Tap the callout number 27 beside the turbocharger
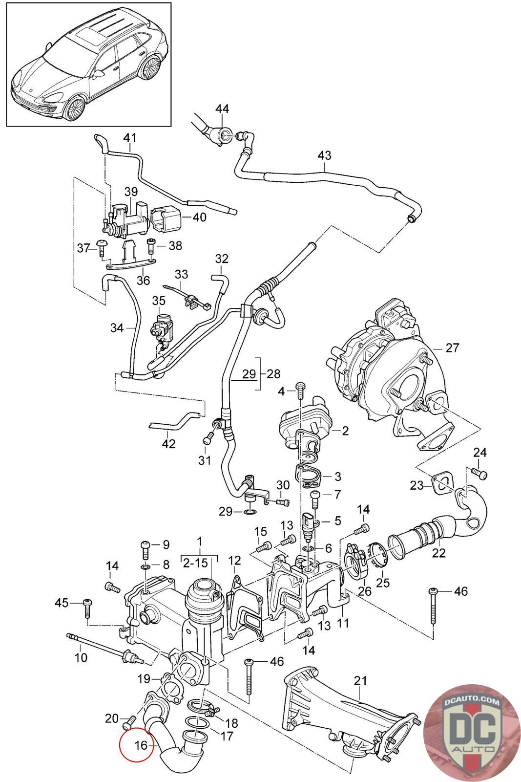(453, 348)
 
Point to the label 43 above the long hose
(324, 155)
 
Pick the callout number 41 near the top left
(130, 138)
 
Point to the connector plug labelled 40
(166, 217)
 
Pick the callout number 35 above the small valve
(159, 301)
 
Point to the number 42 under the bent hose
(168, 444)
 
